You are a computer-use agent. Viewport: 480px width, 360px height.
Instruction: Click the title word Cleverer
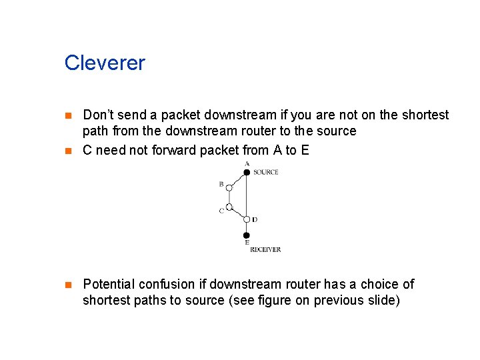tap(105, 63)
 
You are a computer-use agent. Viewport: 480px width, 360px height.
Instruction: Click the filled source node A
tap(247, 172)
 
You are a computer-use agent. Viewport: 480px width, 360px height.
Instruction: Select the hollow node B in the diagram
tap(229, 189)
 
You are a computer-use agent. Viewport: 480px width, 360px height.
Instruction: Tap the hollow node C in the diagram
tap(229, 207)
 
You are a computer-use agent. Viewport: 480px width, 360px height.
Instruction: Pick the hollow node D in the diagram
tap(247, 219)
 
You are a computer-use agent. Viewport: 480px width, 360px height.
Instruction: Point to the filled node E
tap(247, 235)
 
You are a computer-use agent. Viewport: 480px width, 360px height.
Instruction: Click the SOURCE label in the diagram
tap(265, 173)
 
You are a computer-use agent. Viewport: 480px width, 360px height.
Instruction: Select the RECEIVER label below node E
tap(265, 249)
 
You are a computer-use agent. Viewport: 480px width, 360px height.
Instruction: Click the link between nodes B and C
tap(229, 198)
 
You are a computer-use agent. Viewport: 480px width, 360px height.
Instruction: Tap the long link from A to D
tap(247, 196)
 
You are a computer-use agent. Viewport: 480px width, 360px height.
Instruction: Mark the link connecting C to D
tap(237, 213)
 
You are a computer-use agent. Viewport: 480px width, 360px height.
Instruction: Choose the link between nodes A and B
tap(237, 181)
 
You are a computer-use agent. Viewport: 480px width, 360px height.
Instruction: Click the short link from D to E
tap(247, 228)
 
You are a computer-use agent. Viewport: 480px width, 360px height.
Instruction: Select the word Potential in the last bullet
tap(109, 285)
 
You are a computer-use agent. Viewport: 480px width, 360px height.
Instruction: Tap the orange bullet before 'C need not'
tap(67, 150)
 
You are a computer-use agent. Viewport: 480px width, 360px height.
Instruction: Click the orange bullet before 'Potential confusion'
tap(67, 285)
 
